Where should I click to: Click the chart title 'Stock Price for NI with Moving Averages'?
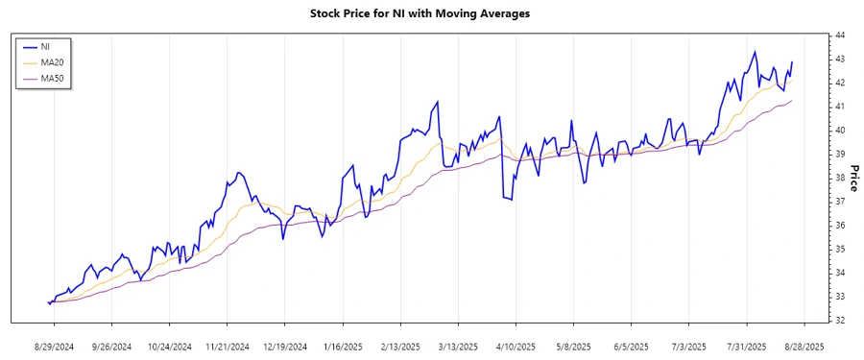[x=433, y=14]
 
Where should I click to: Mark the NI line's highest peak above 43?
[x=755, y=52]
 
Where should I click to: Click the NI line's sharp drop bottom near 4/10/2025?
[x=512, y=200]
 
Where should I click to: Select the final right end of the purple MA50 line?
[x=792, y=101]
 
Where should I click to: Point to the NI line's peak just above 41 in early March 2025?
[x=438, y=101]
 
